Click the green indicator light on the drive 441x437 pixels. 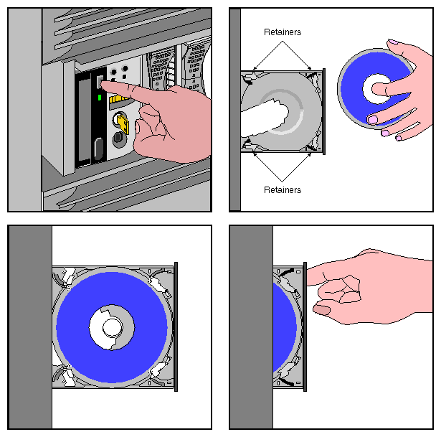(100, 97)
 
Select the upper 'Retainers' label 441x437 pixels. (282, 32)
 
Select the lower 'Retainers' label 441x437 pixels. (282, 190)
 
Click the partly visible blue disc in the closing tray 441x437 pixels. (285, 326)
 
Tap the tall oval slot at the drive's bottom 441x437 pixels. (94, 151)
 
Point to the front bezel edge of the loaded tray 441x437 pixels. (176, 326)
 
